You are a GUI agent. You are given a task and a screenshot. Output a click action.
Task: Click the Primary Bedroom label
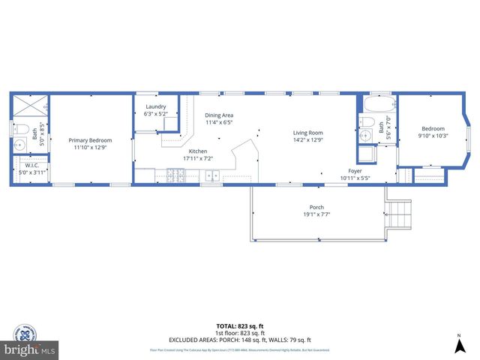[x=90, y=140]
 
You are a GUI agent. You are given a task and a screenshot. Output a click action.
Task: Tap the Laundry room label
[x=155, y=107]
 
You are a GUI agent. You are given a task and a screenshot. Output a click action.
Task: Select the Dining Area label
[x=219, y=115]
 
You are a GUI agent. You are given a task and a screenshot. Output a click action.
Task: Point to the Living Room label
[x=307, y=133]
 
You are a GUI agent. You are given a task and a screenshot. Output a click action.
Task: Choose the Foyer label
[x=355, y=171]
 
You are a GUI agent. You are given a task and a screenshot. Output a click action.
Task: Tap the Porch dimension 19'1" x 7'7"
[x=316, y=214]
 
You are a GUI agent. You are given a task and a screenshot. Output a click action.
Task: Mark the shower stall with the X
[x=30, y=105]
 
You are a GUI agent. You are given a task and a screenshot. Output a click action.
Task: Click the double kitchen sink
[x=213, y=177]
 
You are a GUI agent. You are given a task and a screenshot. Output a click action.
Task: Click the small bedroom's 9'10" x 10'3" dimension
[x=433, y=136]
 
